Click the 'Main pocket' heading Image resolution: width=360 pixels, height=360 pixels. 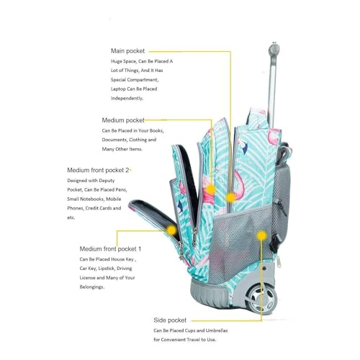127,51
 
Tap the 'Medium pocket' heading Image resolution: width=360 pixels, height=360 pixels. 123,120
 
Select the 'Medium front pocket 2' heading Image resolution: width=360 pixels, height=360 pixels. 98,170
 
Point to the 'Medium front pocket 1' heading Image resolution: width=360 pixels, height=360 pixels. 110,249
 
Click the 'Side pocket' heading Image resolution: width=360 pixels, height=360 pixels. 170,320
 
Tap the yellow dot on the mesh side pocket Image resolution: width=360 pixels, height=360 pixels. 261,235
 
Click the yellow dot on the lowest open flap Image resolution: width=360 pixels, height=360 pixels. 171,230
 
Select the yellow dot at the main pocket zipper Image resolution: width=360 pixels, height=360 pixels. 231,197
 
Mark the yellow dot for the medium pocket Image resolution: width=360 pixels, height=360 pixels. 210,189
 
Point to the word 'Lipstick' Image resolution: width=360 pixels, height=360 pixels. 106,269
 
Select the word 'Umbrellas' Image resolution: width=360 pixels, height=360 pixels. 217,330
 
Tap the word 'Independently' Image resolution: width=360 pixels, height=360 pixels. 127,98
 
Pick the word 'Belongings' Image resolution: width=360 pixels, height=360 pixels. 91,287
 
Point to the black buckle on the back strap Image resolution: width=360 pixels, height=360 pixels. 274,243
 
